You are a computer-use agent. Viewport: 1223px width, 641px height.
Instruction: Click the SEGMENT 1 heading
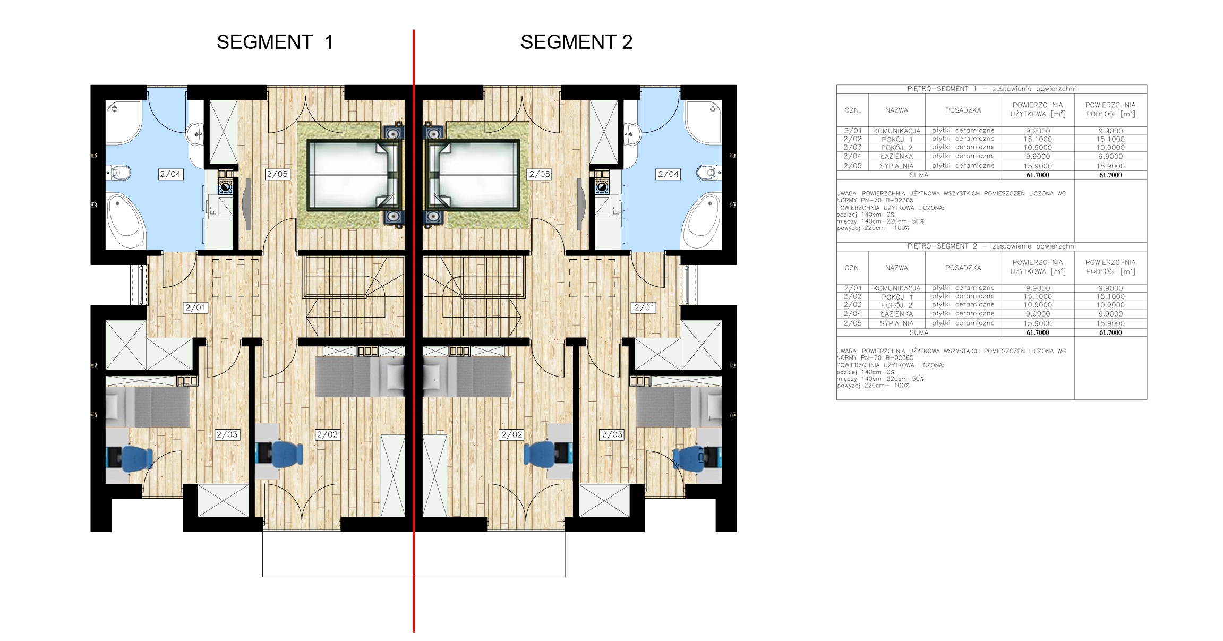click(275, 42)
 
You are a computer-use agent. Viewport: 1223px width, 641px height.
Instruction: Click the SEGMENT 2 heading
click(576, 42)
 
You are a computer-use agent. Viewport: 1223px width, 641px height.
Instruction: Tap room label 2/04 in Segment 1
click(170, 174)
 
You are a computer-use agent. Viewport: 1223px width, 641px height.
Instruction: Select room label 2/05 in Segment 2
click(540, 174)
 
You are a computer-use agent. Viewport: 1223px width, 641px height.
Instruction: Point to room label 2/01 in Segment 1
click(195, 307)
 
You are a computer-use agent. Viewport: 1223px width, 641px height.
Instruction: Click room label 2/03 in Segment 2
click(612, 434)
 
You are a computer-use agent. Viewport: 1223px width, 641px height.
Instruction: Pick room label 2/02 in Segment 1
click(327, 434)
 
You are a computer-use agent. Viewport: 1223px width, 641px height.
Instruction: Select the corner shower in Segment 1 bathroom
click(124, 122)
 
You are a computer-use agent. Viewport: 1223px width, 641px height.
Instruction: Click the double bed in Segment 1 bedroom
click(353, 175)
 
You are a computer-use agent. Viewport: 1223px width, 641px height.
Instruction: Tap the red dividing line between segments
click(414, 330)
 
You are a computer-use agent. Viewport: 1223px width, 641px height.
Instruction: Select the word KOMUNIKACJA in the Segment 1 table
click(896, 131)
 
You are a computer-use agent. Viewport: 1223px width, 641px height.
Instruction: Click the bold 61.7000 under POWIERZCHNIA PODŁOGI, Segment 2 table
click(1110, 332)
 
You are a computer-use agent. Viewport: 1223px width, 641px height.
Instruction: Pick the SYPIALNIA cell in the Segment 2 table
click(896, 323)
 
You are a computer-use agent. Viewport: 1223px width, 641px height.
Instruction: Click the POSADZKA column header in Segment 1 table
click(963, 110)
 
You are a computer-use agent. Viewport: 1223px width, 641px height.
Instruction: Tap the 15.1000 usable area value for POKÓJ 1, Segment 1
click(1038, 139)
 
